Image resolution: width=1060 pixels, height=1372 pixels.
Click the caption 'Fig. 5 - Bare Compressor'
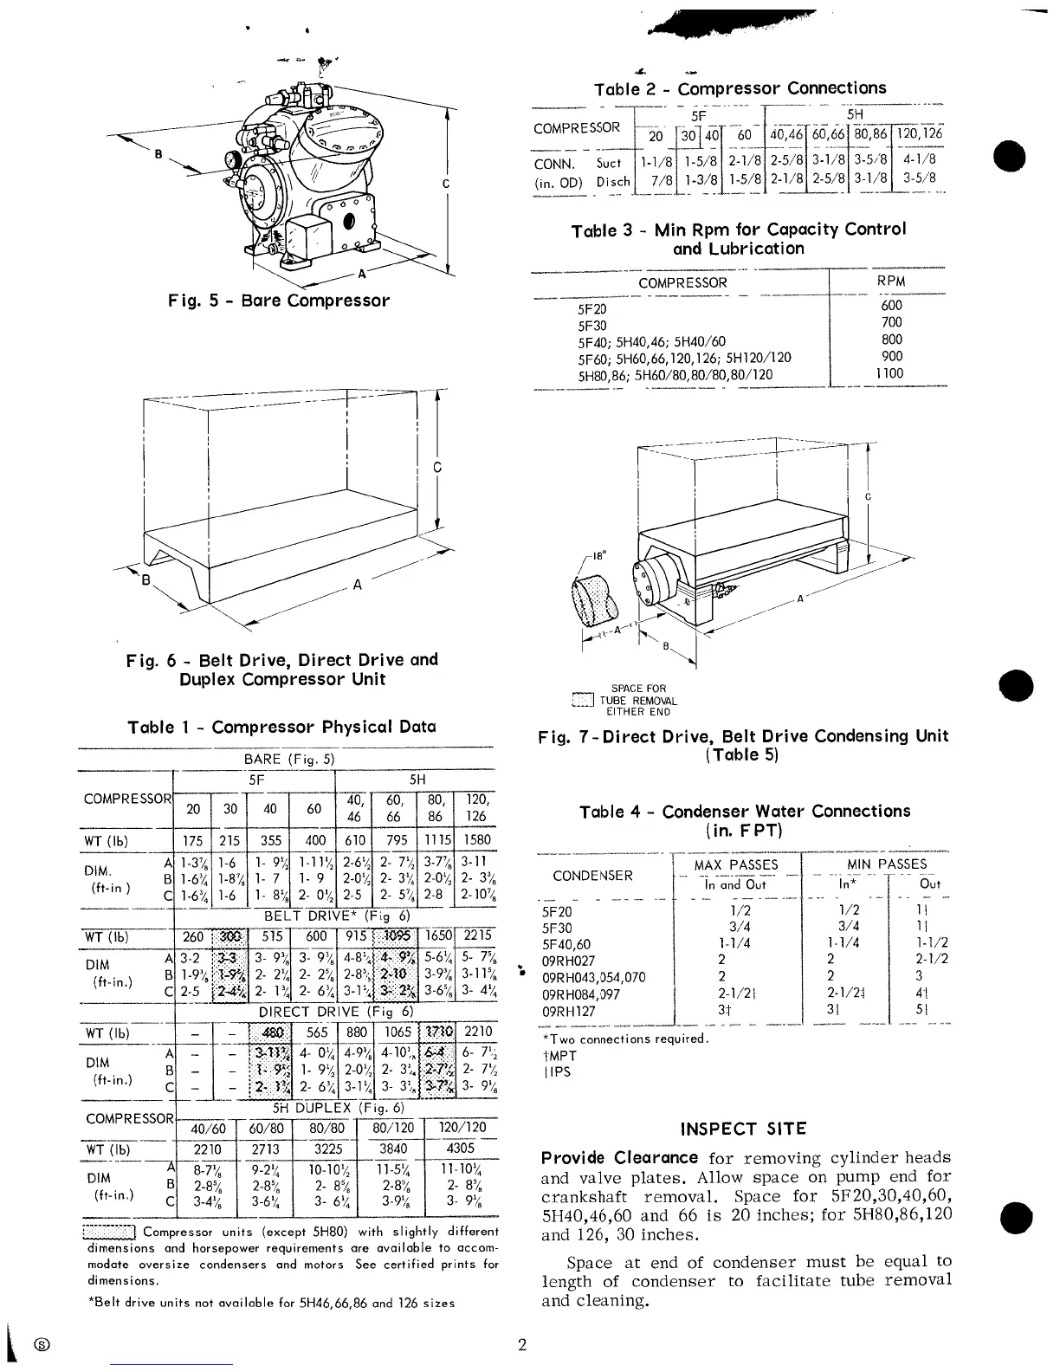click(x=279, y=301)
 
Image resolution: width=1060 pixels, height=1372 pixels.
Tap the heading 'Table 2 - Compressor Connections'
click(x=740, y=88)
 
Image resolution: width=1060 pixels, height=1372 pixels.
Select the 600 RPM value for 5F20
click(x=891, y=305)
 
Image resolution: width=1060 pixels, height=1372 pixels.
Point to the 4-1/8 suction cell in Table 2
click(x=918, y=159)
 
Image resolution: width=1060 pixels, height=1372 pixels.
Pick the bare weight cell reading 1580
click(x=476, y=839)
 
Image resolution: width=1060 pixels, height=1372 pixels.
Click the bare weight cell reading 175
click(x=193, y=839)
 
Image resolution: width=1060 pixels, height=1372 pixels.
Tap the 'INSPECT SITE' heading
click(x=743, y=1129)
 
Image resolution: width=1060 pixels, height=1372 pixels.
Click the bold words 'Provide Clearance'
click(x=619, y=1157)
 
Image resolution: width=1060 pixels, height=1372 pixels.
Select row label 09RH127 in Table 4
click(x=570, y=1010)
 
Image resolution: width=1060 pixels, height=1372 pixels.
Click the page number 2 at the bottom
click(x=522, y=1345)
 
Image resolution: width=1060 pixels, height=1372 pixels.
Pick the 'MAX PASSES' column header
click(x=736, y=864)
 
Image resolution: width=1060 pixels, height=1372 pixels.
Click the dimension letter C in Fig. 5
click(x=445, y=184)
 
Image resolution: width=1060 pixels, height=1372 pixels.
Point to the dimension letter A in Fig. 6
click(x=356, y=584)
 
